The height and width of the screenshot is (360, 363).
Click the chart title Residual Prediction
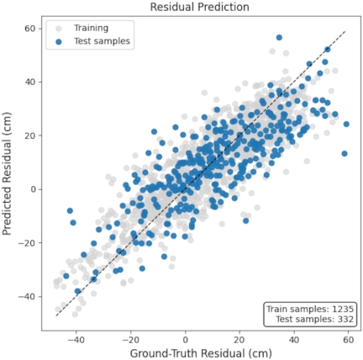pos(199,7)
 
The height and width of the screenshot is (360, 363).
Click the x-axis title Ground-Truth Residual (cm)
pos(201,353)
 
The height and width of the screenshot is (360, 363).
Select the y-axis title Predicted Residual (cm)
pos(7,174)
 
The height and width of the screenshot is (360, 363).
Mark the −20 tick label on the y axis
pos(29,243)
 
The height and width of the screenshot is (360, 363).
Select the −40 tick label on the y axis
pos(29,297)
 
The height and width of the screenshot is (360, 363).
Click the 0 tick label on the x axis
pos(185,340)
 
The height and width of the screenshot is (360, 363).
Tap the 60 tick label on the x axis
pos(348,340)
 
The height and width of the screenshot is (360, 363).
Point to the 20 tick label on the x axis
pos(239,340)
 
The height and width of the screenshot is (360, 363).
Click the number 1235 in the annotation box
pos(343,309)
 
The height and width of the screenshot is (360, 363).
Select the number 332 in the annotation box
pos(345,319)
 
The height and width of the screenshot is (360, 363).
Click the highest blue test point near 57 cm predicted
pos(279,38)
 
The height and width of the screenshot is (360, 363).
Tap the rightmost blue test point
pos(346,124)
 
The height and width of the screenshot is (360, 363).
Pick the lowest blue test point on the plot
pos(77,291)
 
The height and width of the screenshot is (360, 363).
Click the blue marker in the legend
pos(59,42)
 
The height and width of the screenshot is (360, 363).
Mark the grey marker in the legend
pos(59,29)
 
